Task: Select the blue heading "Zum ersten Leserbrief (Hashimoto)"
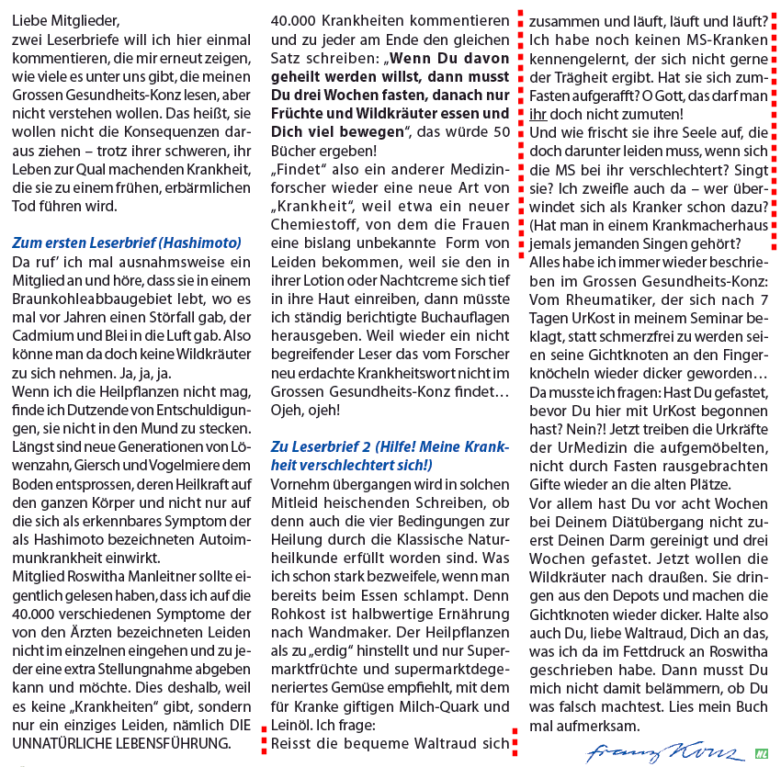point(127,243)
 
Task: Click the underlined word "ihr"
point(539,115)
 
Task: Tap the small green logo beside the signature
point(761,750)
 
